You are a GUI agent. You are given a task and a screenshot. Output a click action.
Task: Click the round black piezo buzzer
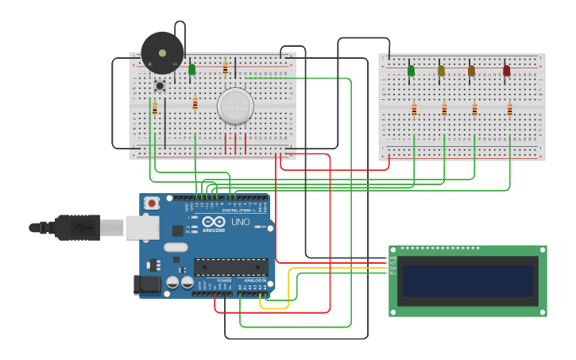click(162, 53)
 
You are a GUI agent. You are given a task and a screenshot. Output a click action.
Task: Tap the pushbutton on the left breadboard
click(160, 86)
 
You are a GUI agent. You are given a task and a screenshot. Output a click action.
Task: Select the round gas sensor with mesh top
click(235, 106)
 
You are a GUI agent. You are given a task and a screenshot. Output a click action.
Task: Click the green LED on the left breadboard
click(191, 70)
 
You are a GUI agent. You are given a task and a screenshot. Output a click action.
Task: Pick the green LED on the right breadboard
click(411, 71)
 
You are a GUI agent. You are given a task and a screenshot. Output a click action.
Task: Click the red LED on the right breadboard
click(507, 71)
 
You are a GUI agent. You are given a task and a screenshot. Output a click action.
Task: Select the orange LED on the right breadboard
click(471, 71)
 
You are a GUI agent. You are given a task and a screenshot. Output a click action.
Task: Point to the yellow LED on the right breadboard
click(441, 71)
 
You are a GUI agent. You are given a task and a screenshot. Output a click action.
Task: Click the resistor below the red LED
click(510, 110)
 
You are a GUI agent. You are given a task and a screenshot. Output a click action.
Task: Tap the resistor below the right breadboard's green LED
click(414, 110)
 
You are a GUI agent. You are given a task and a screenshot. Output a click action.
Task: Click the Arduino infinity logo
click(213, 223)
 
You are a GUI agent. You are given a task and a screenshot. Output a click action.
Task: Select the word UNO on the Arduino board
click(240, 222)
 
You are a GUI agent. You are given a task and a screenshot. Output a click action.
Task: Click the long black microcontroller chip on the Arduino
click(230, 267)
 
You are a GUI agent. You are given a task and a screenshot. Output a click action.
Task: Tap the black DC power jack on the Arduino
click(146, 284)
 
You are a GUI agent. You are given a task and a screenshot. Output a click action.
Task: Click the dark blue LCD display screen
click(467, 281)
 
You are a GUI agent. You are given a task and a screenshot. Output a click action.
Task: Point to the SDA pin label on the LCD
click(392, 268)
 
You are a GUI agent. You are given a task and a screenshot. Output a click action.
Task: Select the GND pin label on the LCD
click(392, 258)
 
